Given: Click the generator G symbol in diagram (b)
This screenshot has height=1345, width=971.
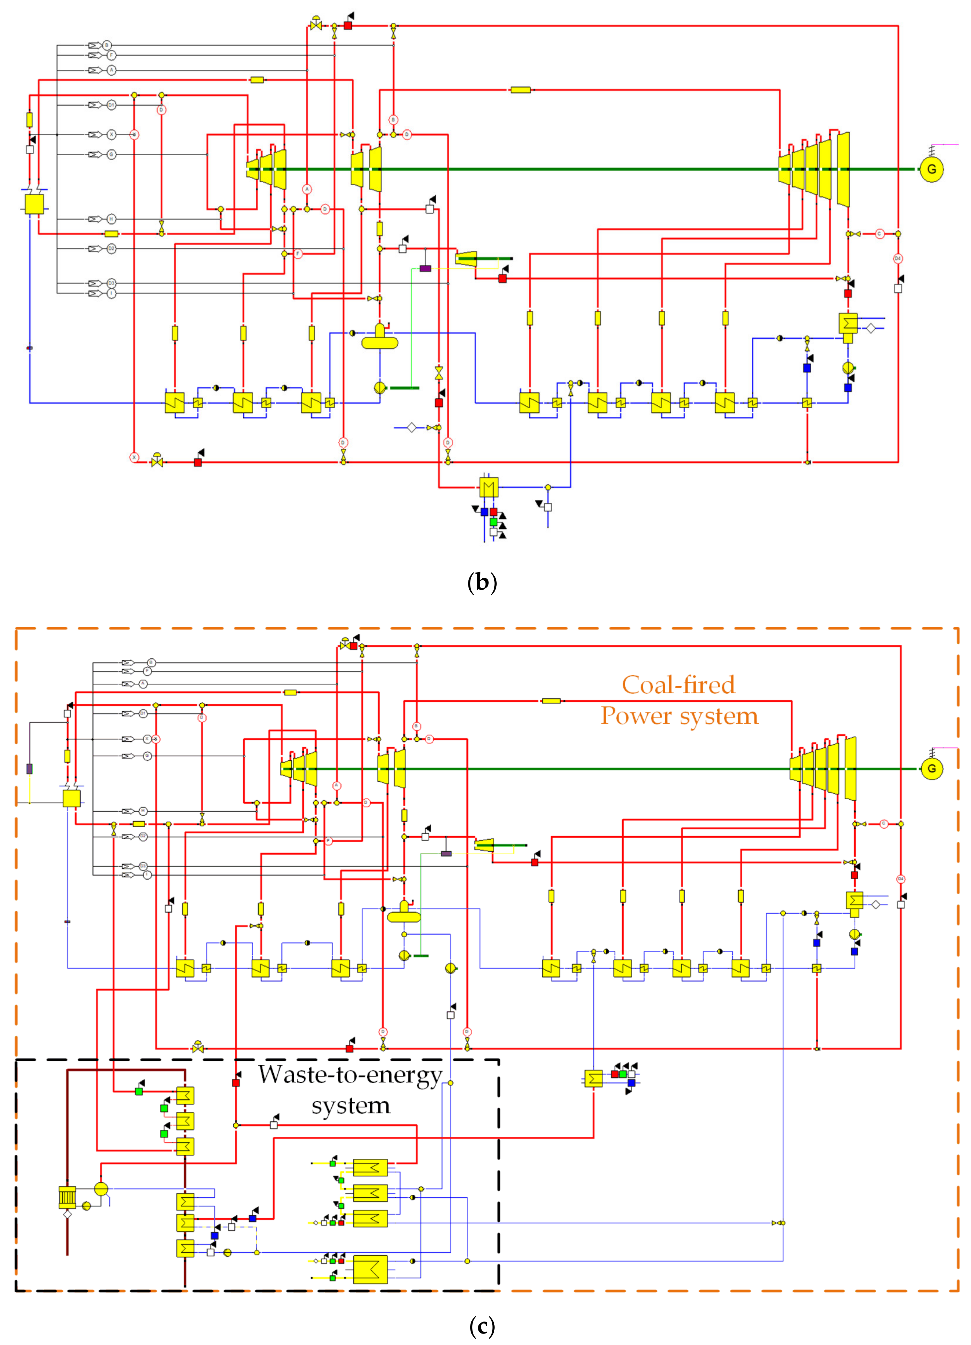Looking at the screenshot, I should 931,170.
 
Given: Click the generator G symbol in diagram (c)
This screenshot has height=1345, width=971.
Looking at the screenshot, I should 931,769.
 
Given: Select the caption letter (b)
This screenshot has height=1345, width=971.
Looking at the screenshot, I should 482,582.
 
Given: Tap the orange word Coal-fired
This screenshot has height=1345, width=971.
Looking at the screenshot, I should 678,685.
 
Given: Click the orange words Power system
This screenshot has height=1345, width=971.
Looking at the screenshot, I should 679,716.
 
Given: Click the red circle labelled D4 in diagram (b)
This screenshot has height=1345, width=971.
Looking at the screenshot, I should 897,259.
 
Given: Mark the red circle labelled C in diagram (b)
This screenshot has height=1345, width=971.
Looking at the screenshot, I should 880,234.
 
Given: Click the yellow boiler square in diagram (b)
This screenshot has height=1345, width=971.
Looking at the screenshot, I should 34,203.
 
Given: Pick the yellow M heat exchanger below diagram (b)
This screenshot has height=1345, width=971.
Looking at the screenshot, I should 489,487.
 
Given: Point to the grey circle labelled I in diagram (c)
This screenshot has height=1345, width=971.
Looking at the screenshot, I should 147,875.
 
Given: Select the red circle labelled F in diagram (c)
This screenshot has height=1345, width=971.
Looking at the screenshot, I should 328,841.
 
